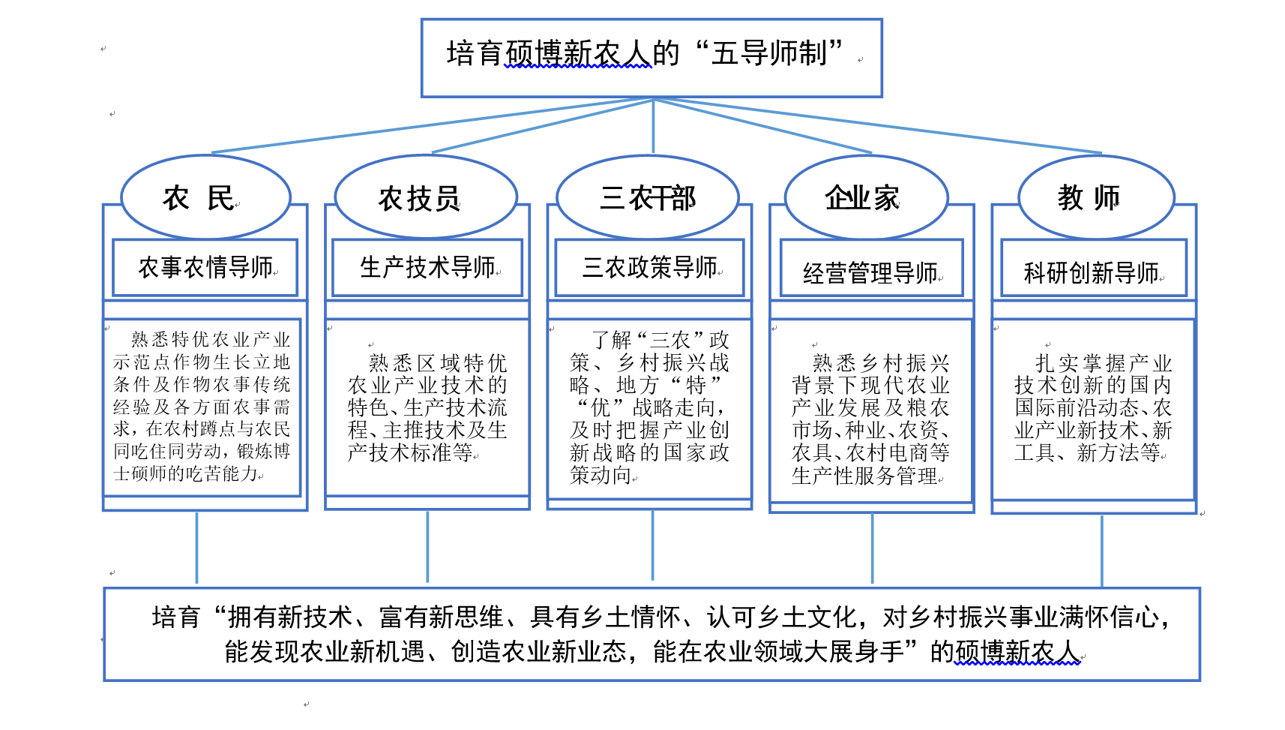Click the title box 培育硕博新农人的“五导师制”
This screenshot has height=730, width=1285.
click(x=651, y=57)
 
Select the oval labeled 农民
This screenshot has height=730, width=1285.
click(x=205, y=197)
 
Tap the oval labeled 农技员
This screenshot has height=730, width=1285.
click(x=425, y=197)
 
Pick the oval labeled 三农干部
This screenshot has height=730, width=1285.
click(x=648, y=197)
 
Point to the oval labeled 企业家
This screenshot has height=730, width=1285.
click(x=866, y=197)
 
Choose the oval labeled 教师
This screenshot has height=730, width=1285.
click(x=1095, y=197)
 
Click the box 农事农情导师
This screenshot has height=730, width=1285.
click(x=205, y=268)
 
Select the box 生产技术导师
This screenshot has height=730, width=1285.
click(x=427, y=268)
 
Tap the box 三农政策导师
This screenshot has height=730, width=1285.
click(x=648, y=268)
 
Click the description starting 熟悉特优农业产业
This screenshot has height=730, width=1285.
click(x=201, y=407)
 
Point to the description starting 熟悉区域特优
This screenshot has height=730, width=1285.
click(x=427, y=407)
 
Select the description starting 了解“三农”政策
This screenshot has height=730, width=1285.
click(x=648, y=407)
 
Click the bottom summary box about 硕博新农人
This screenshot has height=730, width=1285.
click(x=651, y=634)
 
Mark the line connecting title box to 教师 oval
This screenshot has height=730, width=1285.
click(x=877, y=126)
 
